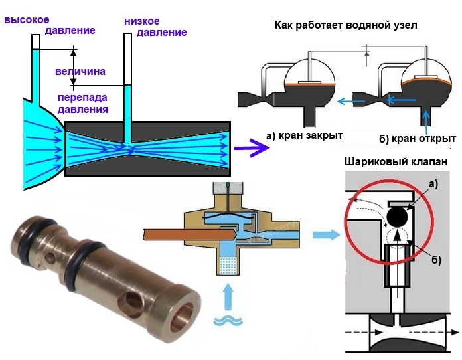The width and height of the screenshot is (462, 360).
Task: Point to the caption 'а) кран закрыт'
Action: (x=303, y=135)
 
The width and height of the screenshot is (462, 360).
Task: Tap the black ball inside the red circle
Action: (x=398, y=216)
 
